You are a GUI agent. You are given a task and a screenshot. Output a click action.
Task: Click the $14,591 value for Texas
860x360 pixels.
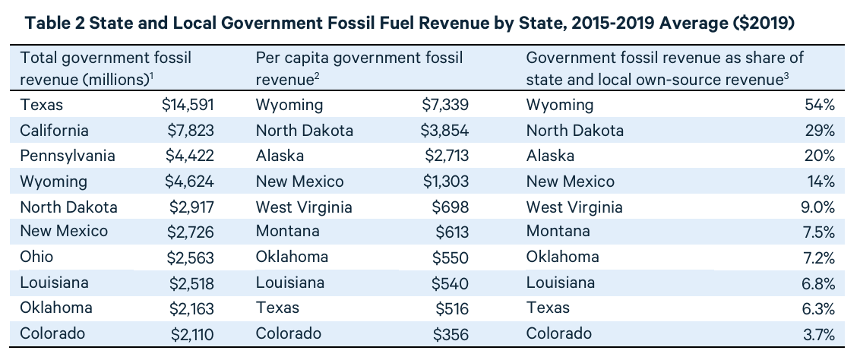(188, 105)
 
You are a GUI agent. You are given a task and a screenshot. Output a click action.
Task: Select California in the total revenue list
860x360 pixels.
(55, 131)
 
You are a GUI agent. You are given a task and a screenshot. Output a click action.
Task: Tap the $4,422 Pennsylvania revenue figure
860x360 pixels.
(190, 156)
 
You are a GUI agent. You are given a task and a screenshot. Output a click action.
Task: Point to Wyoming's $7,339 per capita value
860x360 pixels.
(445, 105)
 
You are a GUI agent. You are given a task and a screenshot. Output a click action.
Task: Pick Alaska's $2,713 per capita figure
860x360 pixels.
(445, 156)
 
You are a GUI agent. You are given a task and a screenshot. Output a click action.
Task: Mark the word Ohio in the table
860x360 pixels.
(36, 257)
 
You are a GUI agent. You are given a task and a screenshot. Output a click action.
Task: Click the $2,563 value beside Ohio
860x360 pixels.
(191, 257)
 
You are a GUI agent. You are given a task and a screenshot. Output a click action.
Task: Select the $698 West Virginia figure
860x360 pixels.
(451, 207)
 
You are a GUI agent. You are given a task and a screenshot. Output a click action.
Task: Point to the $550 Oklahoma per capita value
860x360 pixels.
(451, 257)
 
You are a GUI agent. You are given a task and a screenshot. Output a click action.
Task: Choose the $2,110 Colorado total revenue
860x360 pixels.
(191, 333)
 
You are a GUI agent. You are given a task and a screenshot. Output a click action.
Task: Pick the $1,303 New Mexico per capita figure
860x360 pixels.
(445, 182)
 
